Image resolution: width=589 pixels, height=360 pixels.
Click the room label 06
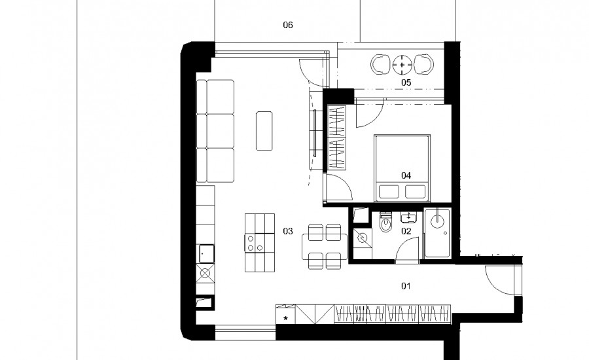tap(288, 25)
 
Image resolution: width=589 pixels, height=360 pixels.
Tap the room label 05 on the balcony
tap(406, 82)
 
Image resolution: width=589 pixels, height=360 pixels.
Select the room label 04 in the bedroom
tap(406, 175)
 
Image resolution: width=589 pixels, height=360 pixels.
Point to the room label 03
tap(288, 231)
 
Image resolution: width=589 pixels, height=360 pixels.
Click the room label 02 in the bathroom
tap(406, 231)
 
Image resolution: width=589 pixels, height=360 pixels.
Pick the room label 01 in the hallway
tap(406, 286)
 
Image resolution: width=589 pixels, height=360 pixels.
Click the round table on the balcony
tap(402, 64)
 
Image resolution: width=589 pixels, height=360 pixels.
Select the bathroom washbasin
tap(408, 217)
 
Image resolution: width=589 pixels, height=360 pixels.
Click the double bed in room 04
tap(402, 168)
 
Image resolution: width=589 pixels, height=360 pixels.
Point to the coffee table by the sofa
tap(264, 131)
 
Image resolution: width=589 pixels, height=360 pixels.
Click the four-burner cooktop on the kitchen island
tap(255, 243)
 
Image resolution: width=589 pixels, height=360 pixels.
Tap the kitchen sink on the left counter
tap(206, 254)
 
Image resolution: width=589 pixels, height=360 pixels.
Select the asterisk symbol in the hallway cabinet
tap(285, 319)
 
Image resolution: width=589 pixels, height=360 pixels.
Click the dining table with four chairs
tap(325, 247)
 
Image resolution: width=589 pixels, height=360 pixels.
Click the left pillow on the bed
tap(389, 192)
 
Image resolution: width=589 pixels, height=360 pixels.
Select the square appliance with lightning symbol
tap(363, 238)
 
